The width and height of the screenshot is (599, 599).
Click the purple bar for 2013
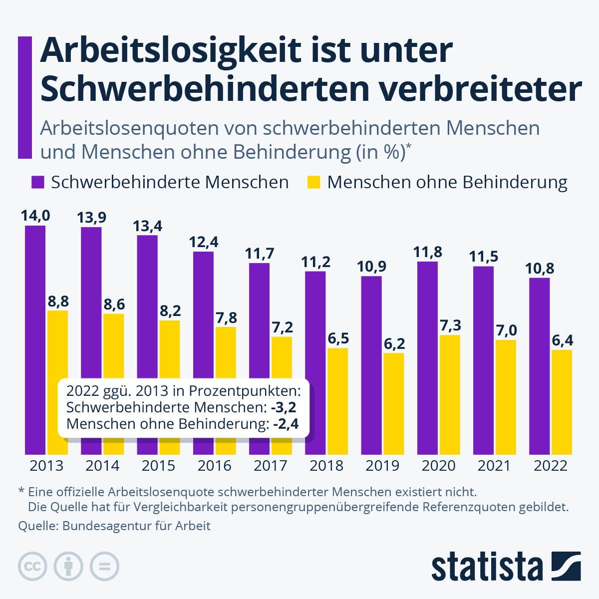35,339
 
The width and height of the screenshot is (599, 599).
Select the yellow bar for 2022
562,402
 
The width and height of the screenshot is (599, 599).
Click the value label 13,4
147,226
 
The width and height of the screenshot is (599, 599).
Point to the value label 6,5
338,338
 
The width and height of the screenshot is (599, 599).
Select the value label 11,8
428,252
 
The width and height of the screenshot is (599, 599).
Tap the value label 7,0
506,330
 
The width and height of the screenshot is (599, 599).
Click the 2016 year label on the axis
215,466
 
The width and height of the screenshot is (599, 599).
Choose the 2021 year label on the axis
494,466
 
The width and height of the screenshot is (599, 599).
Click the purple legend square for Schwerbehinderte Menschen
38,182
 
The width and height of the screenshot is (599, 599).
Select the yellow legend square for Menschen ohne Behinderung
313,182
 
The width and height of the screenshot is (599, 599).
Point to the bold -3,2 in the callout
284,407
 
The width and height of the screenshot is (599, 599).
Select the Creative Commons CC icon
33,567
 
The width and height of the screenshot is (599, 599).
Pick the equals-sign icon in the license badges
104,567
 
